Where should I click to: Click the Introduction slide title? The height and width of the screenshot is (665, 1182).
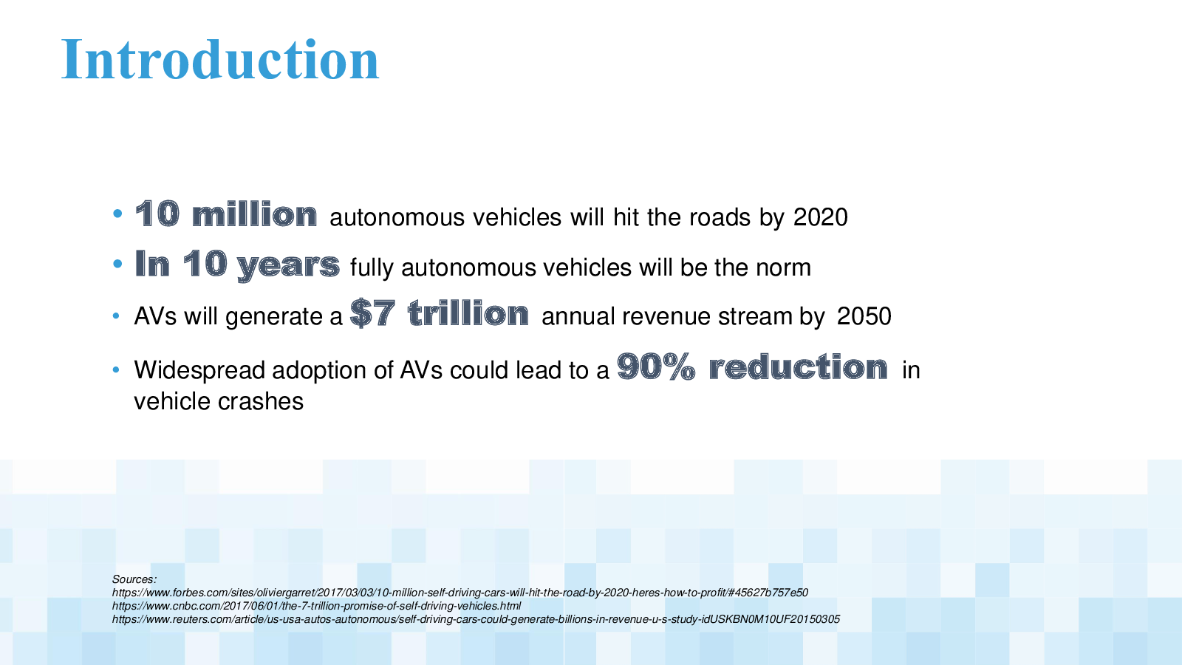pos(220,59)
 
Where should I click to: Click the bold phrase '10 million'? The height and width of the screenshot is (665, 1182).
pos(226,214)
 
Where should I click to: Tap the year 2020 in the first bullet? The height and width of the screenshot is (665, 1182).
pos(821,217)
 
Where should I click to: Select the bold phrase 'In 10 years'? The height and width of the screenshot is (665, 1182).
pos(237,265)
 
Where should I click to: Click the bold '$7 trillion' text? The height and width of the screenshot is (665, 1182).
pos(439,313)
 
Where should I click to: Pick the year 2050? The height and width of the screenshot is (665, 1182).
pos(864,316)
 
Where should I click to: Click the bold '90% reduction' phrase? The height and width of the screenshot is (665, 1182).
pos(752,366)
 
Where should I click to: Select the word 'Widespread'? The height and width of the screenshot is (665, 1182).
pos(199,370)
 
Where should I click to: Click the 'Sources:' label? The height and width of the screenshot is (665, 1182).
pos(134,579)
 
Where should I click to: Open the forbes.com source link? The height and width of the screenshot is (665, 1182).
pos(460,593)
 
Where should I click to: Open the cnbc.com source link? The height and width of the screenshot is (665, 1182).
pos(316,606)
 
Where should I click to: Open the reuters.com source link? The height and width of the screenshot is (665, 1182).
pos(476,619)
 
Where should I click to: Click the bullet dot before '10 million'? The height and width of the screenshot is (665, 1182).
pos(117,214)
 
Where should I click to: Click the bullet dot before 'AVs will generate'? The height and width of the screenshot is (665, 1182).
pos(116,316)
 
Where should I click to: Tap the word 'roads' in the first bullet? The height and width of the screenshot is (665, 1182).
pos(720,217)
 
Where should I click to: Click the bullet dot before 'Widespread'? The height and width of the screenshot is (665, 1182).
pos(116,370)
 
